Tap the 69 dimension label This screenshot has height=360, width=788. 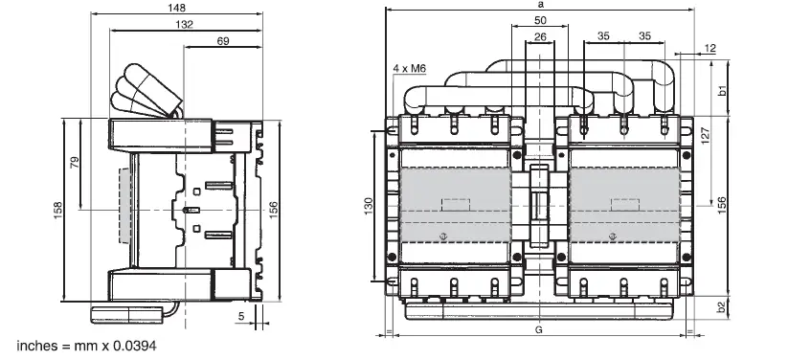(x=222, y=42)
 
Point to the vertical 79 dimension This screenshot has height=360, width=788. (x=75, y=163)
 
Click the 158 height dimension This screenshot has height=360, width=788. (x=57, y=208)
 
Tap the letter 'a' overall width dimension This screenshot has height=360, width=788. (x=541, y=6)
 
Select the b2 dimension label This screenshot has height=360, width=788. (x=724, y=307)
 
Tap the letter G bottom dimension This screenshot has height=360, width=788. (x=540, y=330)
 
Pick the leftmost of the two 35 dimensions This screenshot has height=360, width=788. (x=603, y=36)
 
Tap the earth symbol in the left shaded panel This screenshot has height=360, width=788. (x=441, y=236)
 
